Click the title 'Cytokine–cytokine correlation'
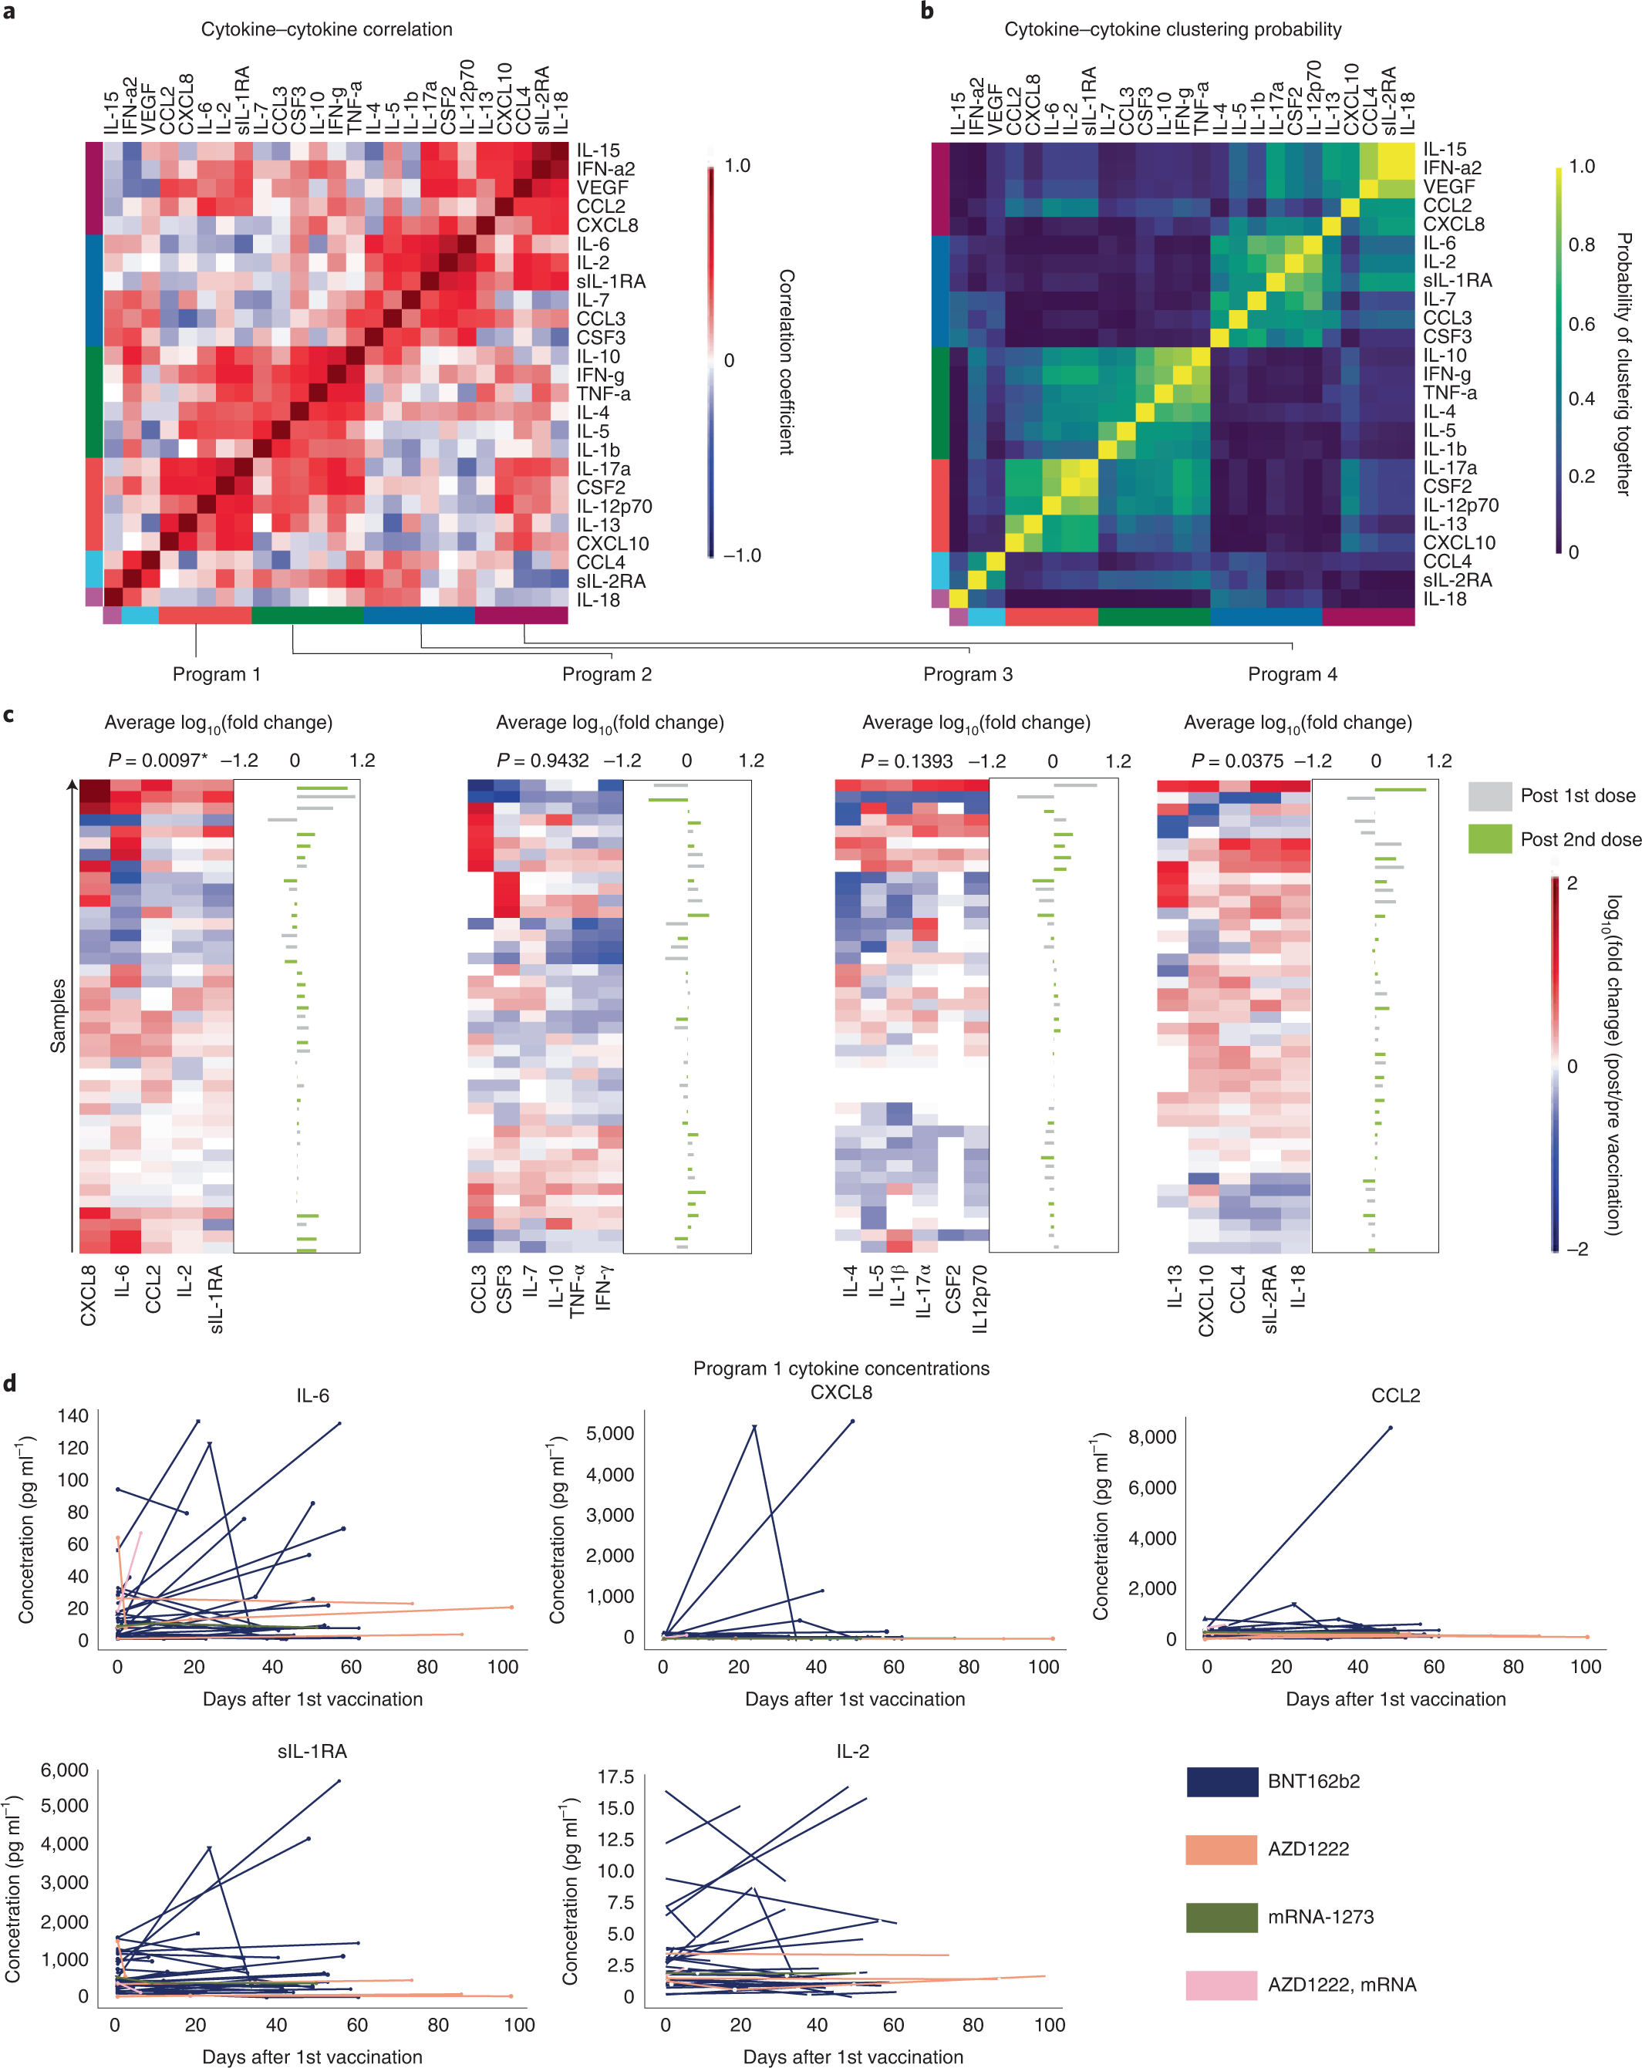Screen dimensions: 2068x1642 tap(326, 30)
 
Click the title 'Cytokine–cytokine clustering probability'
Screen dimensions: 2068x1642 tap(1172, 30)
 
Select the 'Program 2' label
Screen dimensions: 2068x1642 tap(606, 674)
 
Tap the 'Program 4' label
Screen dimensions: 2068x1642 tap(1292, 674)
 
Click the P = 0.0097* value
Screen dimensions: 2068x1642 tap(157, 761)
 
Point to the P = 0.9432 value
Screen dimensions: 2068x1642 tap(543, 761)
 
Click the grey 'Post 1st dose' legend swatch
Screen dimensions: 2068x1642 tap(1489, 796)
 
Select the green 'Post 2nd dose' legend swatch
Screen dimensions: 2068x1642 tap(1489, 839)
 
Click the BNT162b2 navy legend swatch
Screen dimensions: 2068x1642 tap(1221, 1781)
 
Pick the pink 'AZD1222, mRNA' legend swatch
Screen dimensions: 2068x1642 tap(1221, 1985)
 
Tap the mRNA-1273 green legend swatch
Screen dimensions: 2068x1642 tap(1221, 1917)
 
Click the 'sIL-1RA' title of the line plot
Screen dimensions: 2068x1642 tap(312, 1752)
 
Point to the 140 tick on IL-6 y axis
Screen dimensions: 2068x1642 tap(73, 1415)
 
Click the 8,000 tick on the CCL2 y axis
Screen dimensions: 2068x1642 tap(1152, 1437)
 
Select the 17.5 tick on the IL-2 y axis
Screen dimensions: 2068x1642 tap(615, 1777)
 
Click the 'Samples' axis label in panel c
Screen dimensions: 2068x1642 tap(59, 1016)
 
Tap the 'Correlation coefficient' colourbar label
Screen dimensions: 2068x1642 tap(785, 362)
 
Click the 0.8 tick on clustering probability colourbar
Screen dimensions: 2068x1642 tap(1582, 245)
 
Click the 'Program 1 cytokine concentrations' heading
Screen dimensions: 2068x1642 tap(841, 1368)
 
